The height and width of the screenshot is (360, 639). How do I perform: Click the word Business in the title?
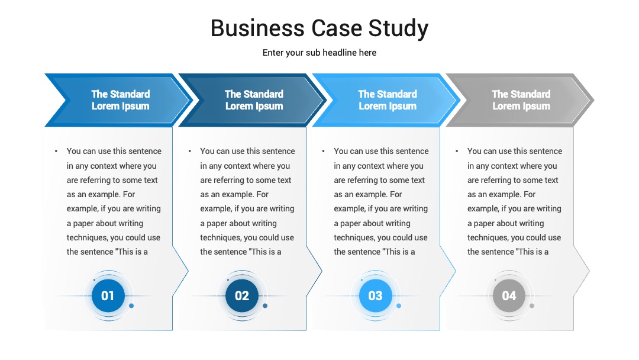pyautogui.click(x=257, y=28)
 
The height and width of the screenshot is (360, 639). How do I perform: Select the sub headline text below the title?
pyautogui.click(x=319, y=53)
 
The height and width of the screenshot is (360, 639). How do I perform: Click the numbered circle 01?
pyautogui.click(x=108, y=295)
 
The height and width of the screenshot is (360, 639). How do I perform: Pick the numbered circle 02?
pyautogui.click(x=241, y=295)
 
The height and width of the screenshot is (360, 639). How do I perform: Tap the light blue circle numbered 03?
pyautogui.click(x=375, y=295)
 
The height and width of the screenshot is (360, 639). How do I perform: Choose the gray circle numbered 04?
pyautogui.click(x=509, y=295)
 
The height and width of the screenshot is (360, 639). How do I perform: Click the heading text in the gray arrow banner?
pyautogui.click(x=521, y=100)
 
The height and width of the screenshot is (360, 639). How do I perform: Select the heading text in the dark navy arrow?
pyautogui.click(x=254, y=100)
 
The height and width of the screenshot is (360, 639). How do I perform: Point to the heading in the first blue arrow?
pyautogui.click(x=120, y=100)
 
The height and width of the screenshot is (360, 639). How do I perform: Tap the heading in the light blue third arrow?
pyautogui.click(x=388, y=100)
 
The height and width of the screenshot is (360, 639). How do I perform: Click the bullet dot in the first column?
pyautogui.click(x=56, y=151)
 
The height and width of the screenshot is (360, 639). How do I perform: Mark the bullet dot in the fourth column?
pyautogui.click(x=457, y=151)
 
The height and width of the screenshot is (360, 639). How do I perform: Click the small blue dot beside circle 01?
pyautogui.click(x=131, y=306)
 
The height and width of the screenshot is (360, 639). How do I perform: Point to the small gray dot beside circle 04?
pyautogui.click(x=532, y=306)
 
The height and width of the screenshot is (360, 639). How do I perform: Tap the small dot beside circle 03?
pyautogui.click(x=399, y=306)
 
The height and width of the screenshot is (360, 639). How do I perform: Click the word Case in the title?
pyautogui.click(x=337, y=28)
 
